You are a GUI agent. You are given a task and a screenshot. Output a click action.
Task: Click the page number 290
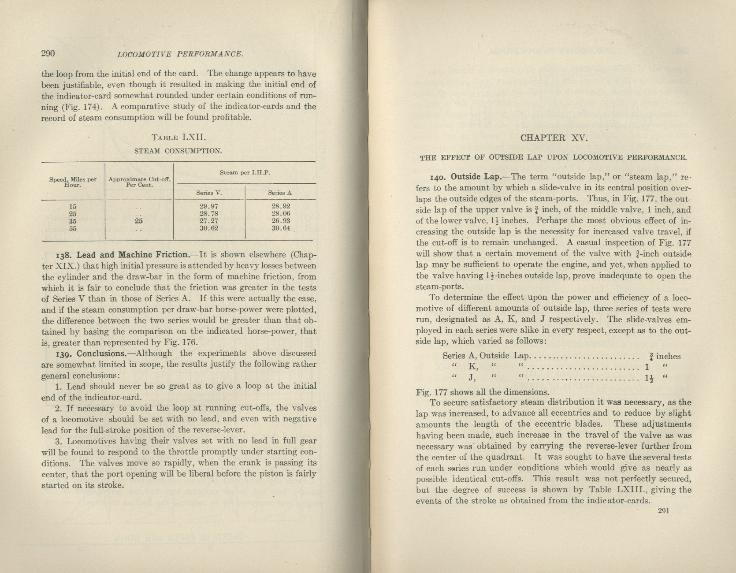(48, 54)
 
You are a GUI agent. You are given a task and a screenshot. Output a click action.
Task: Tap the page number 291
(663, 511)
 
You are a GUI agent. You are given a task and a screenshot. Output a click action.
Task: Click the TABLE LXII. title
(178, 137)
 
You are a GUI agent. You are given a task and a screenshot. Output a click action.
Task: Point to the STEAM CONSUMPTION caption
(178, 151)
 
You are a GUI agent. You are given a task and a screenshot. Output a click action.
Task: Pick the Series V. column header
(208, 193)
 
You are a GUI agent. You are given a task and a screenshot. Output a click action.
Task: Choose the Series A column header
(280, 193)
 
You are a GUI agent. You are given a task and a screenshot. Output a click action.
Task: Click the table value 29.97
(209, 206)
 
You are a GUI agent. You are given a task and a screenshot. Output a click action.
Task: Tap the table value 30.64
(281, 228)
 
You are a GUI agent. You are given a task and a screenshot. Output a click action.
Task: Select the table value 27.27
(209, 221)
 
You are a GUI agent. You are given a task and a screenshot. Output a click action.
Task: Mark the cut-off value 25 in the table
(139, 221)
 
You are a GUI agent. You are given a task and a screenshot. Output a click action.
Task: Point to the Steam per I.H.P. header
(245, 173)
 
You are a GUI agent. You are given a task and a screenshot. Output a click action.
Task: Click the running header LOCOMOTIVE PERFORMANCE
(180, 54)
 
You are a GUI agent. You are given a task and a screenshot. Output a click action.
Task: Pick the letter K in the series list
(472, 366)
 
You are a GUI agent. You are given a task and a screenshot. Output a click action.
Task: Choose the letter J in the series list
(472, 377)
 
